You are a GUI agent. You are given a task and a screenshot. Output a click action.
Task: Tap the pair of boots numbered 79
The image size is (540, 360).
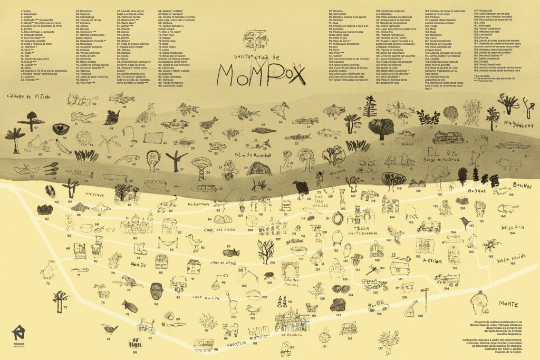140,248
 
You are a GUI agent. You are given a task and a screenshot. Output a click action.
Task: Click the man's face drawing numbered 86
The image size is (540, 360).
157,290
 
